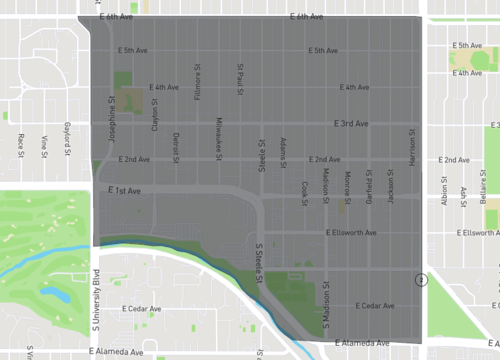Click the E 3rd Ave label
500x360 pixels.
pos(351,124)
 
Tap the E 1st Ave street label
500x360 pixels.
pos(124,190)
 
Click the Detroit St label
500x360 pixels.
pos(176,143)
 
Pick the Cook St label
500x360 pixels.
pos(304,192)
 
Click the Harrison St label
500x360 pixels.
pos(411,145)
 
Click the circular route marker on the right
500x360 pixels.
pos(423,280)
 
